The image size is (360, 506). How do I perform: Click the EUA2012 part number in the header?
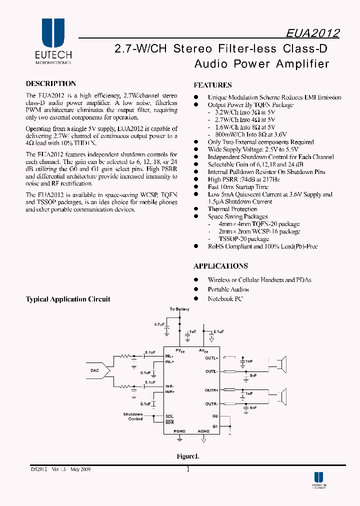pyautogui.click(x=313, y=33)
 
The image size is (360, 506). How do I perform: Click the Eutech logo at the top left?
pyautogui.click(x=53, y=42)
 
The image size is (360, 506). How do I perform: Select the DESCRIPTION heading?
pyautogui.click(x=51, y=84)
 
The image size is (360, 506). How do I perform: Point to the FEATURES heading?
pyautogui.click(x=212, y=85)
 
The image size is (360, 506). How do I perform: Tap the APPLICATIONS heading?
pyautogui.click(x=220, y=266)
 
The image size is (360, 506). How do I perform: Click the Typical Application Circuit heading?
pyautogui.click(x=68, y=299)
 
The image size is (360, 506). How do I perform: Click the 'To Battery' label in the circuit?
pyautogui.click(x=179, y=309)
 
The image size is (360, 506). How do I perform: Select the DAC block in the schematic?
pyautogui.click(x=95, y=370)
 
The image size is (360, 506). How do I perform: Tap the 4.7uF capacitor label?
pyautogui.click(x=159, y=324)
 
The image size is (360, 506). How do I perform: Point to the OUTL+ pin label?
pyautogui.click(x=211, y=358)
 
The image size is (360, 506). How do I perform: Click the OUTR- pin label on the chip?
pyautogui.click(x=211, y=404)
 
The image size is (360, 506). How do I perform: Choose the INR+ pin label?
pyautogui.click(x=170, y=392)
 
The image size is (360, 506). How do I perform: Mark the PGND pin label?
pyautogui.click(x=179, y=431)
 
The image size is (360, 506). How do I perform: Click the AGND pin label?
pyautogui.click(x=203, y=431)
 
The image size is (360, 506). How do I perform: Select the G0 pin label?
pyautogui.click(x=215, y=416)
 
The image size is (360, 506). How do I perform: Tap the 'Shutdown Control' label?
pyautogui.click(x=133, y=416)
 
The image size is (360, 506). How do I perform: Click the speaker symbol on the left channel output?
pyautogui.click(x=283, y=363)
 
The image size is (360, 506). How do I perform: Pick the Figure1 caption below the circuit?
pyautogui.click(x=187, y=456)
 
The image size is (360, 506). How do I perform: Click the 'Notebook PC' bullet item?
pyautogui.click(x=225, y=299)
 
